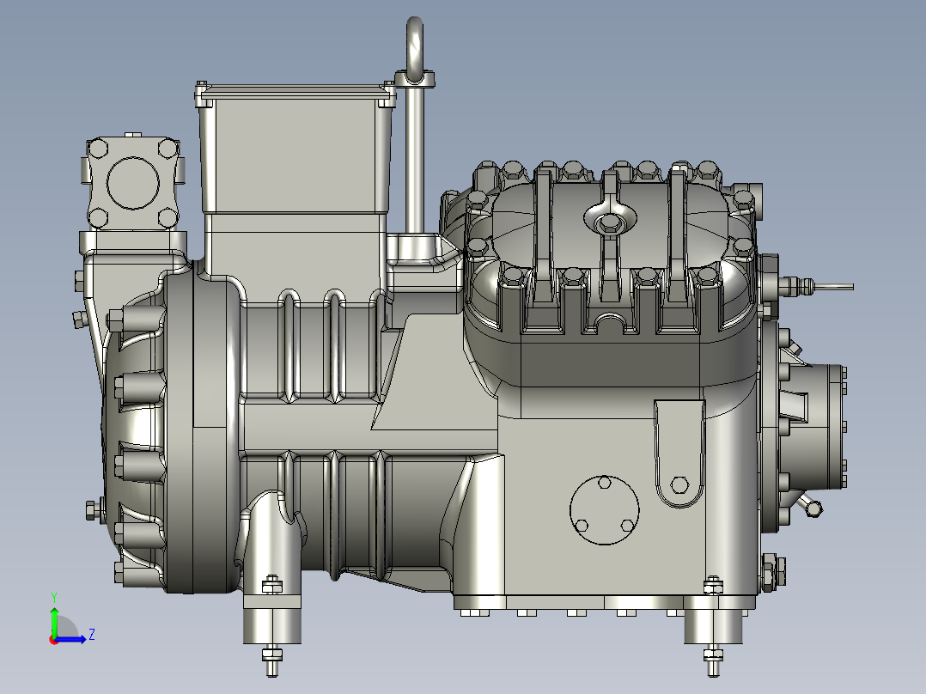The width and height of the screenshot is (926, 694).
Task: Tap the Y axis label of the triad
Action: (x=54, y=598)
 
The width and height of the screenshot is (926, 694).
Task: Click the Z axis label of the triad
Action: (x=92, y=635)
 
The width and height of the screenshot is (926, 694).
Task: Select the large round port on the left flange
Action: (x=133, y=183)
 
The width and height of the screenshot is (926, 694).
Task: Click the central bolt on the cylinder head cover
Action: (x=607, y=223)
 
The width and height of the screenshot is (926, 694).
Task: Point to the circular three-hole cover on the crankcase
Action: (x=604, y=510)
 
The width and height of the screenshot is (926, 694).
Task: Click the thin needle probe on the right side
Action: (x=832, y=287)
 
